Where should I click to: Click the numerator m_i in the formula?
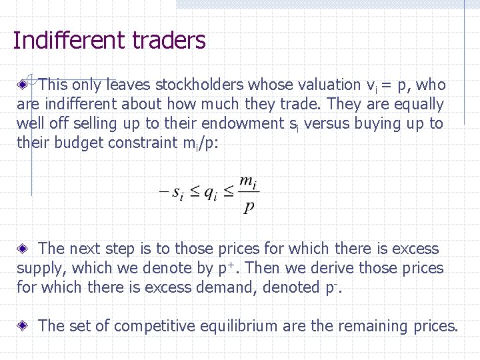[x=247, y=181]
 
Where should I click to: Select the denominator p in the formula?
[x=248, y=207]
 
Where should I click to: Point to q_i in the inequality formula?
[x=210, y=193]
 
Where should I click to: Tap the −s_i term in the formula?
[x=170, y=193]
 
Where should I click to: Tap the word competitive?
[x=150, y=326]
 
